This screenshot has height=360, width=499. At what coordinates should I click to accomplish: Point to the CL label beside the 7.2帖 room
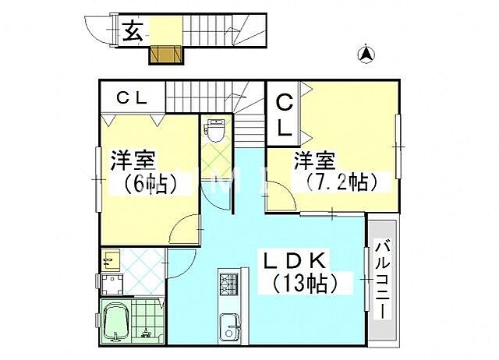pyautogui.click(x=285, y=115)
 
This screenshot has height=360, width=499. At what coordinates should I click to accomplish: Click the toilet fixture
pyautogui.click(x=213, y=129)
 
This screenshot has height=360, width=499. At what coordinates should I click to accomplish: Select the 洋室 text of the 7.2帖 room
pyautogui.click(x=315, y=161)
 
